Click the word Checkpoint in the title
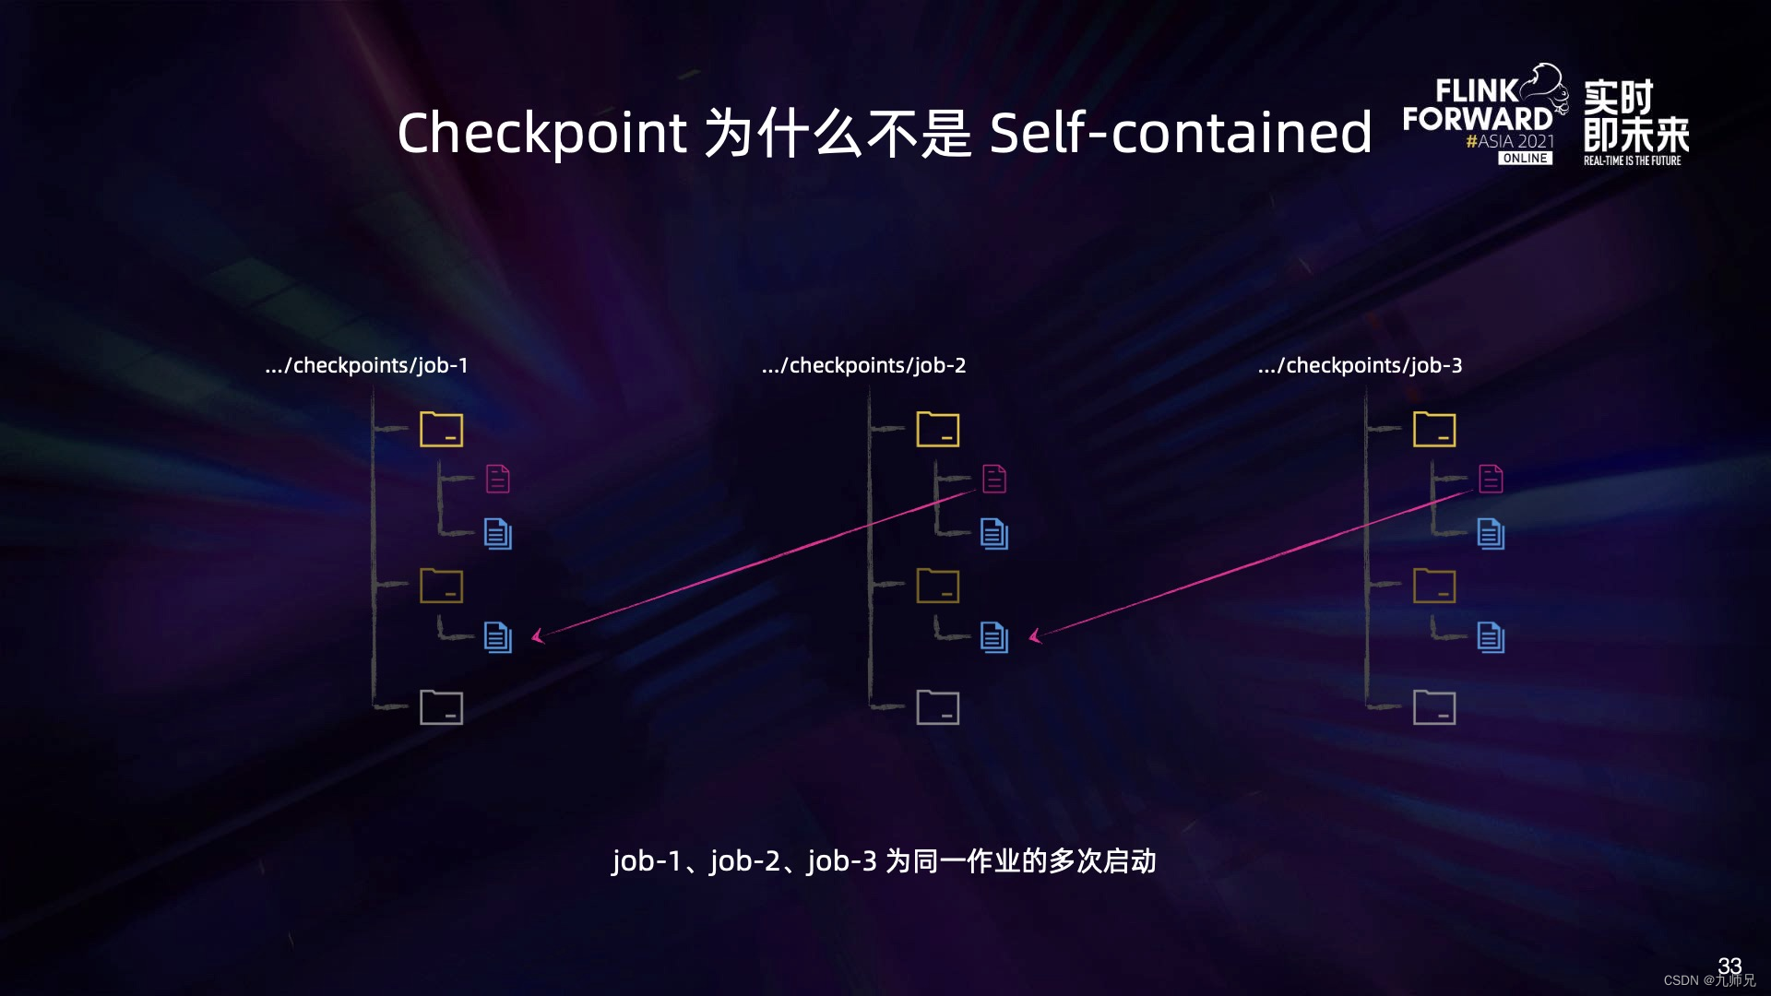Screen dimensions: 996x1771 tap(541, 133)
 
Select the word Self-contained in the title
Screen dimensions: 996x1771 tap(1181, 133)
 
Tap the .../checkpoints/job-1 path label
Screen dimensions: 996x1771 tap(366, 365)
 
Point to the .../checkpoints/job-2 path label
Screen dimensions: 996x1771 tap(863, 365)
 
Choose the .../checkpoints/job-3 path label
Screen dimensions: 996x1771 tap(1360, 365)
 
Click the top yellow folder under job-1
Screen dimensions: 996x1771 tap(441, 429)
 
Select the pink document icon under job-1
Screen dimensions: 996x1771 tap(498, 479)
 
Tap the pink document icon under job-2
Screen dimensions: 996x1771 tap(994, 479)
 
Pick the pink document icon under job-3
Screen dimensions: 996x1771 tap(1491, 479)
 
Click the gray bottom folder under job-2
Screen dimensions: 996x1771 tap(937, 707)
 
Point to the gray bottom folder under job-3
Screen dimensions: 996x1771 tap(1434, 707)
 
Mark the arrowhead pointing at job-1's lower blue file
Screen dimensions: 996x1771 tap(537, 635)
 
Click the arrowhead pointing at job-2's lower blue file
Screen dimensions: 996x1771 tap(1034, 635)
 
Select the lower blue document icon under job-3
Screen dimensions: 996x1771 tap(1491, 637)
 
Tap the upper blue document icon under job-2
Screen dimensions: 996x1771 tap(994, 534)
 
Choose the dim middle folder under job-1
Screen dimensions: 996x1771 tap(441, 586)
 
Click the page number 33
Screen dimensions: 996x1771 tap(1729, 965)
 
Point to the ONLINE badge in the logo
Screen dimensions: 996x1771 tap(1525, 159)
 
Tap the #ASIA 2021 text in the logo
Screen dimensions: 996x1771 tap(1510, 141)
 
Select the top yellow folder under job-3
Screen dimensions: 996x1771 tap(1434, 429)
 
